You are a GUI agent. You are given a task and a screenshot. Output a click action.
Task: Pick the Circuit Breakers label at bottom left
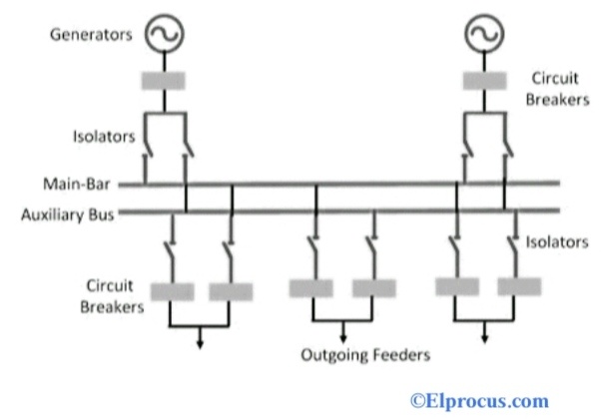pyautogui.click(x=110, y=295)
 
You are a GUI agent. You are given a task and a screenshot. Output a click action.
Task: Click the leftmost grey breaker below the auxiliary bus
pyautogui.click(x=171, y=291)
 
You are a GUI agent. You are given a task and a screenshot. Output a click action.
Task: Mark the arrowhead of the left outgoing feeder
pyautogui.click(x=201, y=344)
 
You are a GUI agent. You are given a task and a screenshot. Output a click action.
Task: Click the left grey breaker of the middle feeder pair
pyautogui.click(x=310, y=288)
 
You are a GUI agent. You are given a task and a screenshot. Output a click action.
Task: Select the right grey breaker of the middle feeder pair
pyautogui.click(x=373, y=288)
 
